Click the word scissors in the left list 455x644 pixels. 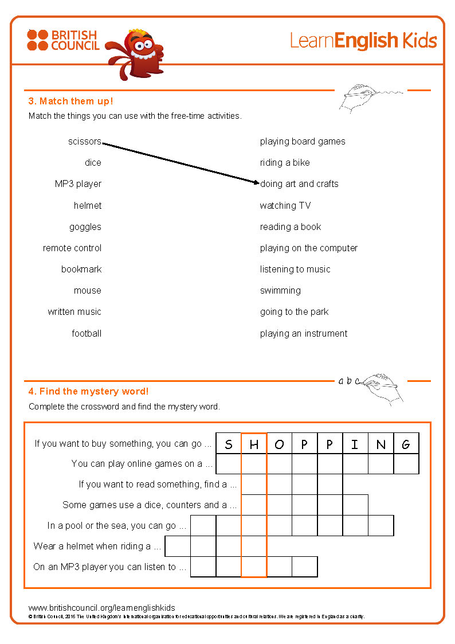(x=84, y=142)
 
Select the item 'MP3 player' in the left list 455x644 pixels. (x=78, y=184)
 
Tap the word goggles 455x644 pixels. (x=85, y=227)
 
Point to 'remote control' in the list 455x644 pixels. (x=72, y=248)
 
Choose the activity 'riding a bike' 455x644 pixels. (x=285, y=163)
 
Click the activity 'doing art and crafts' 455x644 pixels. (x=300, y=184)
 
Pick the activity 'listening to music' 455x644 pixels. (x=295, y=270)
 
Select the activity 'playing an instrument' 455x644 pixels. (x=304, y=334)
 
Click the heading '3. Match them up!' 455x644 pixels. (x=70, y=102)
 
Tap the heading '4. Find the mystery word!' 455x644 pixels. (x=88, y=392)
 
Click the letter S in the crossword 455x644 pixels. (x=229, y=444)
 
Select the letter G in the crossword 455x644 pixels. (x=406, y=444)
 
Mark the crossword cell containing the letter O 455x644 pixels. (x=279, y=444)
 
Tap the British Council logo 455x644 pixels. (x=63, y=41)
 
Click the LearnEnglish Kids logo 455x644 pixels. (x=363, y=41)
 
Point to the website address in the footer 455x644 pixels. (x=101, y=608)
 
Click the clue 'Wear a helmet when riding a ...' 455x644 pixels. (x=97, y=547)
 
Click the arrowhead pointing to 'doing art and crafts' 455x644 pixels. (x=257, y=183)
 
